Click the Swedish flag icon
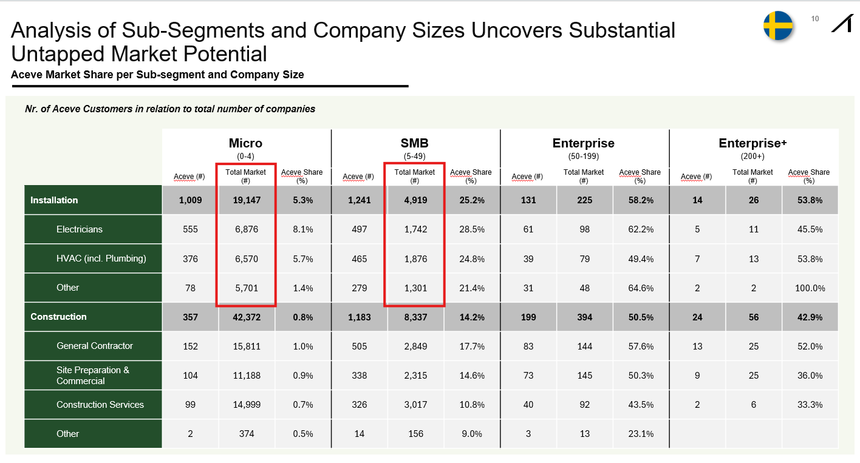pos(778,26)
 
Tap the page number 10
pos(815,19)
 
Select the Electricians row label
pos(80,229)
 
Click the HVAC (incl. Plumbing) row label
pos(101,259)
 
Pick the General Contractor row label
pos(95,346)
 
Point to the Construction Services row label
pos(100,405)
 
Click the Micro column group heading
pos(245,143)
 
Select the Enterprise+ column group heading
pos(752,143)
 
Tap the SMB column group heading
pos(415,143)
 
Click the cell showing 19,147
pos(246,200)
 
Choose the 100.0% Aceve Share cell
pos(810,288)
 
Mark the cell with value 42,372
pos(246,317)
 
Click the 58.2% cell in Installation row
pos(641,200)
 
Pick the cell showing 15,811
pos(246,346)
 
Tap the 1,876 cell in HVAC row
pos(415,259)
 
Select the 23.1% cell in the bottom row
pos(641,434)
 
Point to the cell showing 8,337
pos(415,317)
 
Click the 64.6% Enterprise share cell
pos(641,288)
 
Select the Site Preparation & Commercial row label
pos(93,376)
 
